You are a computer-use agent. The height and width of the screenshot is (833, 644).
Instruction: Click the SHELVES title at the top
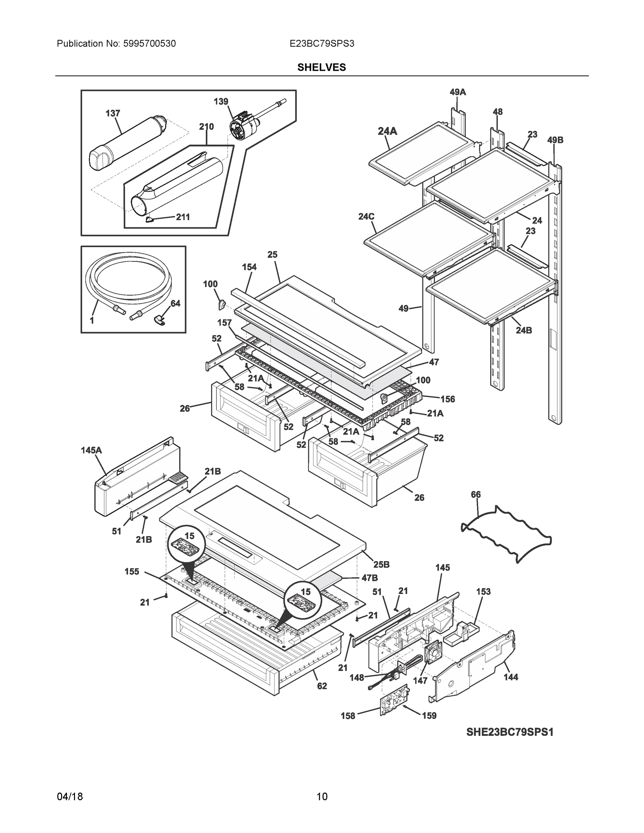[321, 68]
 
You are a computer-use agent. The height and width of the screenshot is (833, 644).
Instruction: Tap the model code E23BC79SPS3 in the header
[321, 44]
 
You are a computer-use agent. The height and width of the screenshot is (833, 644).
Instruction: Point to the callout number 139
[220, 101]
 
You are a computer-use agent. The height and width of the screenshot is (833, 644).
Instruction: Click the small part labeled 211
[149, 219]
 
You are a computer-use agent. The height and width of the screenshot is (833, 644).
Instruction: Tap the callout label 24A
[387, 131]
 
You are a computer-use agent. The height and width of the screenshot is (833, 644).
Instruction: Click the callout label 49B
[555, 140]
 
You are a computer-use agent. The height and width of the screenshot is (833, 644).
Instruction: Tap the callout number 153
[483, 591]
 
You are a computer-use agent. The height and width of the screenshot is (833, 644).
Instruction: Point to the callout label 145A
[91, 450]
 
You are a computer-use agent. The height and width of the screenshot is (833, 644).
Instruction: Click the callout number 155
[132, 571]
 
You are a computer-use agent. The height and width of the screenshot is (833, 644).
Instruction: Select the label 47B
[369, 578]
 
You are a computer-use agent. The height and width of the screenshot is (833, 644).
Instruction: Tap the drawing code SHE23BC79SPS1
[509, 732]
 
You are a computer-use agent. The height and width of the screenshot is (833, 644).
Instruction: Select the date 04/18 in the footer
[70, 797]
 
